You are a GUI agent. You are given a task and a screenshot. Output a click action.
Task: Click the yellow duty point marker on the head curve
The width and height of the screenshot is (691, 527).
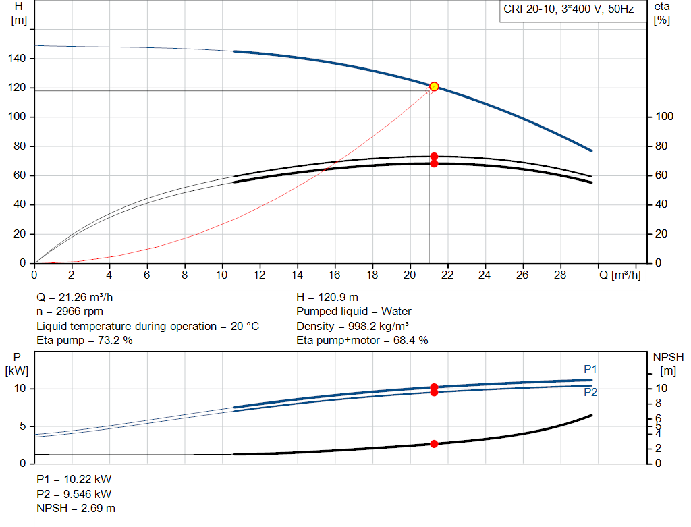pyautogui.click(x=434, y=86)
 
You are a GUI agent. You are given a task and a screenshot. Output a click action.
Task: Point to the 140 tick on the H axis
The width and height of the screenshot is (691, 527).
pyautogui.click(x=18, y=59)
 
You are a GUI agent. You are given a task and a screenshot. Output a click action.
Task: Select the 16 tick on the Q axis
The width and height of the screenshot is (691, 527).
pyautogui.click(x=334, y=275)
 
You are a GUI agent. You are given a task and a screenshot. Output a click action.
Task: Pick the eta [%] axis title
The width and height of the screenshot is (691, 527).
pyautogui.click(x=661, y=13)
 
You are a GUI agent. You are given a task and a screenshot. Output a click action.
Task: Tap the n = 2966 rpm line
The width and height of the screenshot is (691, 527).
pyautogui.click(x=70, y=312)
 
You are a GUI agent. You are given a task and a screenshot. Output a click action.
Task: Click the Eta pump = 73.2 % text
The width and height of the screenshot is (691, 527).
pyautogui.click(x=84, y=341)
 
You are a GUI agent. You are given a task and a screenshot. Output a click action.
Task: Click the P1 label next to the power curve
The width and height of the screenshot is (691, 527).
pyautogui.click(x=590, y=369)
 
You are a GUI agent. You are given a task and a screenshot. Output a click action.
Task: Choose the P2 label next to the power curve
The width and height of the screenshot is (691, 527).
pyautogui.click(x=590, y=392)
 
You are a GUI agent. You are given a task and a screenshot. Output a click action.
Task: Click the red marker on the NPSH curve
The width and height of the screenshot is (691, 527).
pyautogui.click(x=434, y=443)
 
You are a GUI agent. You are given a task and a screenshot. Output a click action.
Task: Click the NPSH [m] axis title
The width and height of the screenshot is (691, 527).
pyautogui.click(x=668, y=363)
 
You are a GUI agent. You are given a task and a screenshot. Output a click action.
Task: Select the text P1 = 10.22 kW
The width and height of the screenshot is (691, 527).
pyautogui.click(x=74, y=479)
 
